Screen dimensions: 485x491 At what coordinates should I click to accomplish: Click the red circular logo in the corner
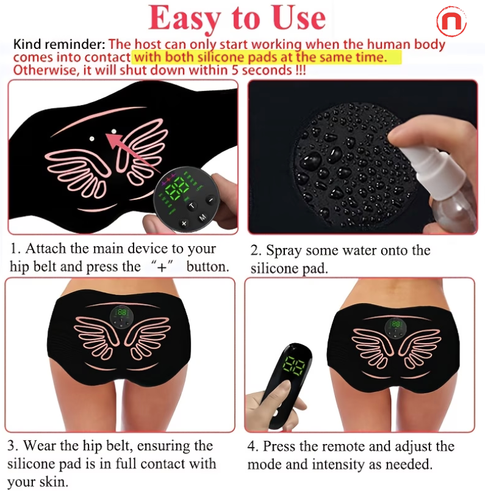tap(451, 21)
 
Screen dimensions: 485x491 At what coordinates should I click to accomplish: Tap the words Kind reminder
tap(59, 45)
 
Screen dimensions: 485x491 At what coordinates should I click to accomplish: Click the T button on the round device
tap(192, 206)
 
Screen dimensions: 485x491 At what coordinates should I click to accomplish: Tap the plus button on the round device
tap(184, 224)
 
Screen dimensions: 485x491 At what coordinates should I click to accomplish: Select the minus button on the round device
tap(211, 200)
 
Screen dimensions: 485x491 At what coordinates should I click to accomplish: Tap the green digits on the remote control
tap(294, 365)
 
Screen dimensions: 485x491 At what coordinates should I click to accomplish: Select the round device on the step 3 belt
tap(122, 317)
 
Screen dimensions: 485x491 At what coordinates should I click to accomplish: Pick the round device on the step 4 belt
tap(395, 328)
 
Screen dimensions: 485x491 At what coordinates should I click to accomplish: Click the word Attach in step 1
tap(46, 249)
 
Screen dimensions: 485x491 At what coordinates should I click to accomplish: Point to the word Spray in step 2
tap(284, 250)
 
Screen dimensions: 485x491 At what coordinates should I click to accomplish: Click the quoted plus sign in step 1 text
tap(162, 266)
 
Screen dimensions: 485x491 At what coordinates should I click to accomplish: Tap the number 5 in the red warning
tap(235, 70)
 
